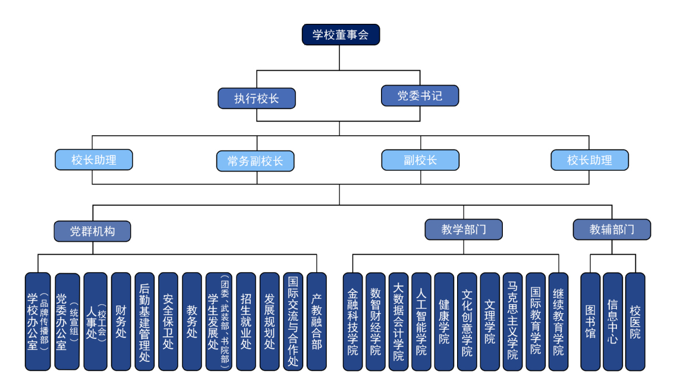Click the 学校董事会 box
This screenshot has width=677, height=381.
(341, 35)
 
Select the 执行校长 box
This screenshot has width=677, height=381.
(256, 98)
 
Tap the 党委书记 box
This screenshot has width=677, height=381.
(420, 96)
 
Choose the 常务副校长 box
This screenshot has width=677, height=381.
(255, 161)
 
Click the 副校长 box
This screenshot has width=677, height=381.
(420, 160)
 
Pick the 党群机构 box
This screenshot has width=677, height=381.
(92, 231)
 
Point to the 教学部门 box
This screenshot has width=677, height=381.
(463, 229)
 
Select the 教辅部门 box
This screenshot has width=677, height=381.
(612, 229)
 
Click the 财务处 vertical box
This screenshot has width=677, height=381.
(121, 321)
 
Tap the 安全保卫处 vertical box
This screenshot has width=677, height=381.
(168, 321)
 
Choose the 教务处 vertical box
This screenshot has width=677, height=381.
(192, 321)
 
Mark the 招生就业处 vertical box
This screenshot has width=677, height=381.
(246, 321)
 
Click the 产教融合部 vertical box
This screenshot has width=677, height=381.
(316, 321)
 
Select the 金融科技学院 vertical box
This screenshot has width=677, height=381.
(352, 321)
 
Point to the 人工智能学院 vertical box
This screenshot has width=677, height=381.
(421, 321)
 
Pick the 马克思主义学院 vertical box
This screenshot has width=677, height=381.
(512, 321)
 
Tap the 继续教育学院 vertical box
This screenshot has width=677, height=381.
(558, 321)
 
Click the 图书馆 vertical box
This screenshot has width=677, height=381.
(590, 321)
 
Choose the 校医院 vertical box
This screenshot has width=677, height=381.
(635, 321)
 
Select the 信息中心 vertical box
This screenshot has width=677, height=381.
(613, 321)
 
